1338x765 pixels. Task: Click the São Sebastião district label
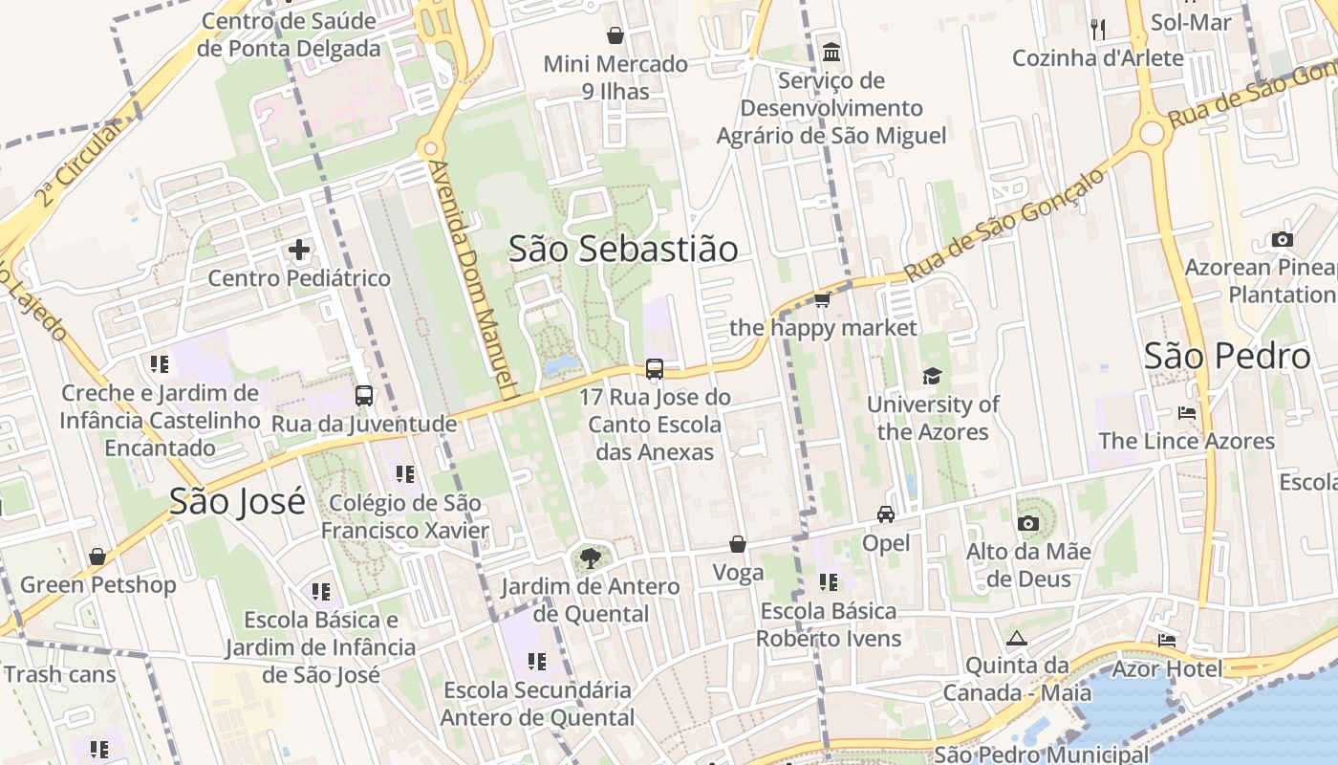pos(623,249)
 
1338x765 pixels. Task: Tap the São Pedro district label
pos(1227,357)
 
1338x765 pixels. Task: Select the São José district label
pos(237,501)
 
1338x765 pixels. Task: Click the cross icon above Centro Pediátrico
pos(299,251)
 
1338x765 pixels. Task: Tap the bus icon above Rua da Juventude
pos(364,396)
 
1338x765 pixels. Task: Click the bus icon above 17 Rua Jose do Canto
pos(655,369)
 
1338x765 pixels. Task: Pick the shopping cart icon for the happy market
pos(822,300)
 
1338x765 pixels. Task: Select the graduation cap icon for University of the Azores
pos(932,377)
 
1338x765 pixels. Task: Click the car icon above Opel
pos(886,514)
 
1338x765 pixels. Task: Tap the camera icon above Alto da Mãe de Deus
pos(1028,523)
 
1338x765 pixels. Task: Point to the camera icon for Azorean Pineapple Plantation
pos(1283,239)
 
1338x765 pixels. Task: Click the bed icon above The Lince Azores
pos(1187,413)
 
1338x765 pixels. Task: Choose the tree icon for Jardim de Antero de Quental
pos(591,557)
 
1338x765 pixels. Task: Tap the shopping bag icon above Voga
pos(738,544)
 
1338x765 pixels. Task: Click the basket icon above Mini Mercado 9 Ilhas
pos(615,35)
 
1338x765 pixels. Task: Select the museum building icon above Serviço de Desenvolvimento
pos(831,52)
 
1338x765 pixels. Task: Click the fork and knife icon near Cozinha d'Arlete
pos(1098,30)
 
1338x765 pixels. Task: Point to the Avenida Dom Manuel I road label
pos(473,279)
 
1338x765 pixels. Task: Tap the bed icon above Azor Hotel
pos(1167,640)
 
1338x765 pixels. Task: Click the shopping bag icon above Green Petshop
pos(97,557)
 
